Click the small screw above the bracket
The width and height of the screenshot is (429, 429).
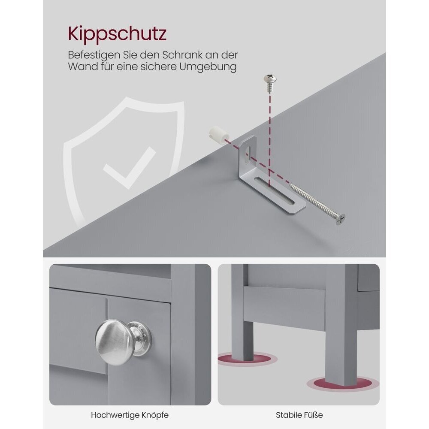pyautogui.click(x=270, y=83)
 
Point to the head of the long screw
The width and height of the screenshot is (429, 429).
pyautogui.click(x=340, y=219)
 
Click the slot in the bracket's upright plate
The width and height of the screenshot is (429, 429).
pyautogui.click(x=248, y=154)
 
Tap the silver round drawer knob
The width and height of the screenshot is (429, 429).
pyautogui.click(x=121, y=342)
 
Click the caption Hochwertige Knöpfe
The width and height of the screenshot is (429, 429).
pyautogui.click(x=130, y=415)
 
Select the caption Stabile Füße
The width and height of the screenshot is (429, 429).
pyautogui.click(x=299, y=415)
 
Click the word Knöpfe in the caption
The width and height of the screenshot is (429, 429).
pyautogui.click(x=155, y=415)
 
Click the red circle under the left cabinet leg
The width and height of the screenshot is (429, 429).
pyautogui.click(x=248, y=360)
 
